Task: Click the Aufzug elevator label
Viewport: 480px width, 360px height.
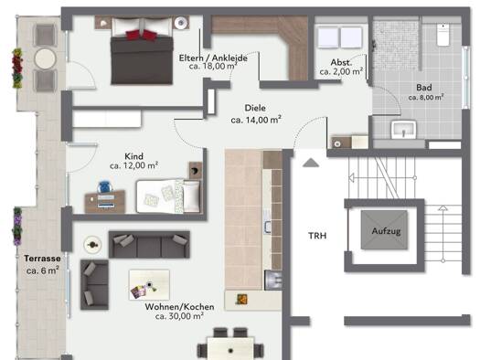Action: click(x=386, y=231)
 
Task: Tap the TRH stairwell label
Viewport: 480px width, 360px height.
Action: click(x=317, y=236)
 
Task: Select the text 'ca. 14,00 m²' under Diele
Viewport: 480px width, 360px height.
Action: click(x=256, y=120)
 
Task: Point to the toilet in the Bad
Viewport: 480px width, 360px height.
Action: click(x=443, y=35)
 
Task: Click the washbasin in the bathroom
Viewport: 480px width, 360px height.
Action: click(x=404, y=130)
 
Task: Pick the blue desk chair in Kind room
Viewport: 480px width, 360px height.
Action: click(x=105, y=187)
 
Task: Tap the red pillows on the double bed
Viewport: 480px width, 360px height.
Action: click(x=141, y=35)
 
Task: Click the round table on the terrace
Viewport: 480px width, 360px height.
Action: click(x=46, y=58)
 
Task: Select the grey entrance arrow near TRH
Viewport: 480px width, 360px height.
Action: click(x=311, y=163)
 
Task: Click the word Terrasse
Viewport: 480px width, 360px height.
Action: click(x=42, y=259)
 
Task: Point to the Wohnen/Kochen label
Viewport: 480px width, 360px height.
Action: click(x=179, y=307)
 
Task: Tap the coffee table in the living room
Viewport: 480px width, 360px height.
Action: click(x=149, y=285)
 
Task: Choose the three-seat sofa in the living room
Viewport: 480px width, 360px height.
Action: click(x=149, y=245)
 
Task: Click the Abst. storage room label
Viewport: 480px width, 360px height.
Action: click(x=341, y=62)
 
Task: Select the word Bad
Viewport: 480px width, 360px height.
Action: click(x=424, y=88)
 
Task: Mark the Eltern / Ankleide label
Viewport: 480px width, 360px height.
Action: click(x=213, y=58)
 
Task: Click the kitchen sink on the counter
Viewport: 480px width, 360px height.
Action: click(x=268, y=227)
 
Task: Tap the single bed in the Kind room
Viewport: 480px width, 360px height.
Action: click(x=168, y=196)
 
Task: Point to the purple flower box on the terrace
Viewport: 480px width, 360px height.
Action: click(x=17, y=227)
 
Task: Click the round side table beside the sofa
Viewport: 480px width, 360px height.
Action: click(x=92, y=245)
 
